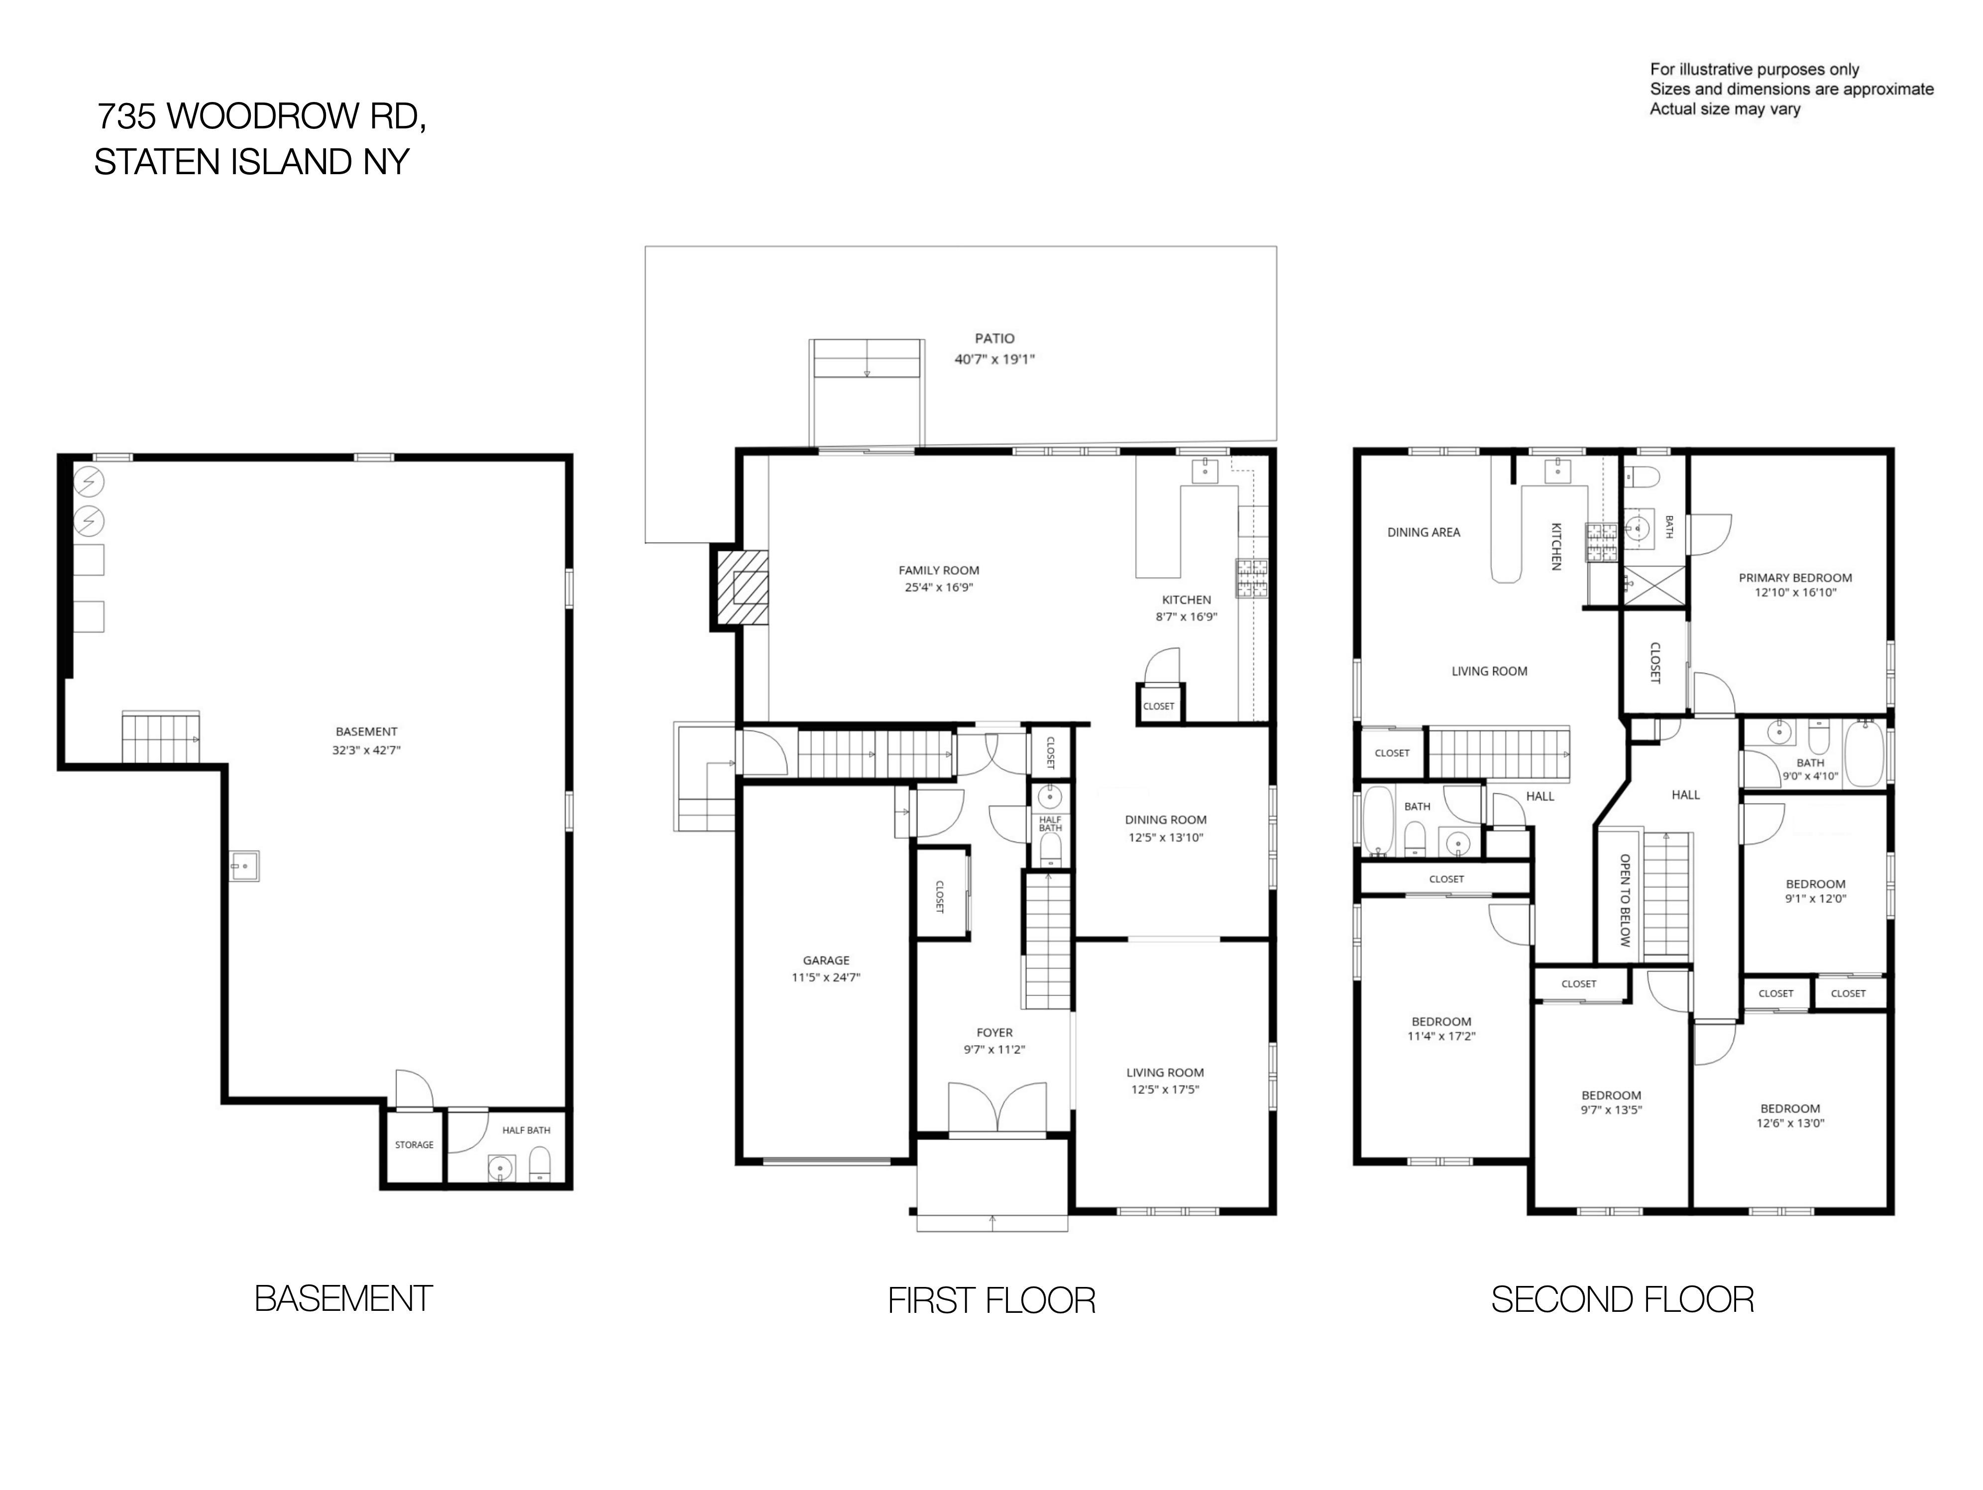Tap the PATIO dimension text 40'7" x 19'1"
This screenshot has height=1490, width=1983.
pyautogui.click(x=994, y=359)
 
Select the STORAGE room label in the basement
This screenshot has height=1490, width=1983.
pyautogui.click(x=414, y=1145)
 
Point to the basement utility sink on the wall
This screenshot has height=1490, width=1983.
pyautogui.click(x=244, y=866)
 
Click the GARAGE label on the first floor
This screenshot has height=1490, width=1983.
pyautogui.click(x=826, y=960)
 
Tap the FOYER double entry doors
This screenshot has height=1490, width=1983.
pyautogui.click(x=997, y=1110)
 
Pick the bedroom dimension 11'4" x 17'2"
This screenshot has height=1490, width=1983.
pyautogui.click(x=1441, y=1036)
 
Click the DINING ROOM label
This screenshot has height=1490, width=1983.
pyautogui.click(x=1165, y=820)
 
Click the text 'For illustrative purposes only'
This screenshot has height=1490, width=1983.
pyautogui.click(x=1755, y=69)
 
